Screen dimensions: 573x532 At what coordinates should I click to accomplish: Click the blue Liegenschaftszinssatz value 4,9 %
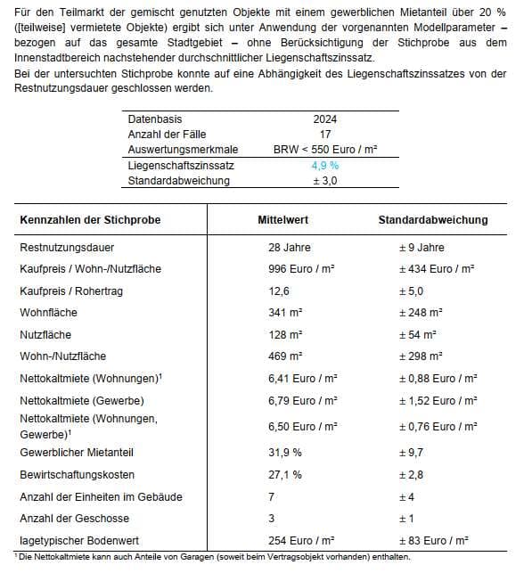pos(324,166)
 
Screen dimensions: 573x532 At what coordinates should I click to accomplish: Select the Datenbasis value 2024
pos(324,119)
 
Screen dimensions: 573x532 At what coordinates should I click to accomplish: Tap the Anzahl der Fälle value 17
pos(324,134)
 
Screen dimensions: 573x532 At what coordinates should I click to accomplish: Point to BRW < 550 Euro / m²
pos(324,150)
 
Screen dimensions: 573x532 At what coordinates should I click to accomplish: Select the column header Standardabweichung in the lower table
pos(432,219)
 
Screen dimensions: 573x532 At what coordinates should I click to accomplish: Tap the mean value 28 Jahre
pos(289,247)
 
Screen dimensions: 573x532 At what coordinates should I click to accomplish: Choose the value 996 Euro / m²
pos(301,268)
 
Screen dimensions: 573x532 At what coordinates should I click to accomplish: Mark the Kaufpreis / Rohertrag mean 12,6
pos(279,291)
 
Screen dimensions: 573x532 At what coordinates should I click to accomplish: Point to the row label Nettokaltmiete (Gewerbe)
pos(81,400)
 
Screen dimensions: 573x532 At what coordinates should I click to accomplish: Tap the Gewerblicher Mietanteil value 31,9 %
pos(284,452)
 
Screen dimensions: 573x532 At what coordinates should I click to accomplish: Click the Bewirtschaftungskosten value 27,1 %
pos(284,474)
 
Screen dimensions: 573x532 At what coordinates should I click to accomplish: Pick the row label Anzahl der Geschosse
pos(74,518)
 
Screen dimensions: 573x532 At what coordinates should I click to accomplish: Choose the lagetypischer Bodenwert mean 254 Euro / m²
pos(301,540)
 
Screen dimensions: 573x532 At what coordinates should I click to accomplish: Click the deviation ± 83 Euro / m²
pos(433,540)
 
